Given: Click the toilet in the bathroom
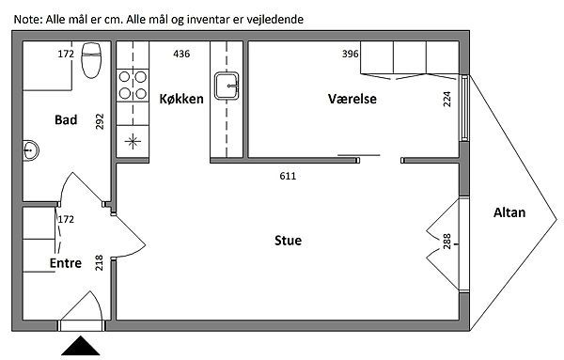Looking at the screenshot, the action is pyautogui.click(x=91, y=60).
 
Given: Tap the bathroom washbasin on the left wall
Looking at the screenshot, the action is pyautogui.click(x=31, y=150).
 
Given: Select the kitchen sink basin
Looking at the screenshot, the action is pyautogui.click(x=227, y=86).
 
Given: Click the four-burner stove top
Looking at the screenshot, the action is pyautogui.click(x=133, y=86).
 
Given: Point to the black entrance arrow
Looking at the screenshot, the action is pyautogui.click(x=80, y=346).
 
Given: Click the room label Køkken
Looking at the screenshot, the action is pyautogui.click(x=181, y=99).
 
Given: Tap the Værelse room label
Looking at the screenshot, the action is pyautogui.click(x=352, y=99).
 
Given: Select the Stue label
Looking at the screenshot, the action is pyautogui.click(x=288, y=241).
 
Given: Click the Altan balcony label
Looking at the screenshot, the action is pyautogui.click(x=509, y=212).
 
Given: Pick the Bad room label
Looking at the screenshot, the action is pyautogui.click(x=66, y=119).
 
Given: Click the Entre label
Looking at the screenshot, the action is pyautogui.click(x=66, y=263).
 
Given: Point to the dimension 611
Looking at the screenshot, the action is pyautogui.click(x=288, y=176).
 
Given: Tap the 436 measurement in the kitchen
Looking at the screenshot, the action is pyautogui.click(x=181, y=54).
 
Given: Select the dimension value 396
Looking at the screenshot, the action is pyautogui.click(x=350, y=54).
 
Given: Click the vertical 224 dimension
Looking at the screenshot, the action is pyautogui.click(x=446, y=99).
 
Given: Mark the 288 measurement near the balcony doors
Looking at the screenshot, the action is pyautogui.click(x=446, y=242).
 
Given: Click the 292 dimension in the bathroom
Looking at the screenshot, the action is pyautogui.click(x=100, y=121).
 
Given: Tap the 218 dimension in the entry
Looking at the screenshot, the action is pyautogui.click(x=99, y=262).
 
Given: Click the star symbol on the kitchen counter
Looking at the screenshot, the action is pyautogui.click(x=133, y=141).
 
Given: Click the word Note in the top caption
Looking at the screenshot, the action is pyautogui.click(x=27, y=19).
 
